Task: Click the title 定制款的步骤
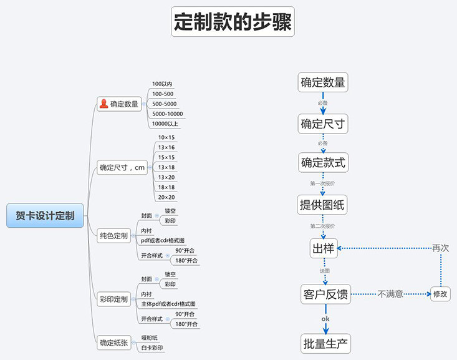point(233,22)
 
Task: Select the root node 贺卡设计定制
point(45,215)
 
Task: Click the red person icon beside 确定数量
point(103,104)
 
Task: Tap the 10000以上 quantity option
point(165,124)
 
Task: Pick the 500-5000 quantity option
point(164,104)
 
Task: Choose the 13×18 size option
point(166,167)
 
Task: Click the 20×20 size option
point(166,197)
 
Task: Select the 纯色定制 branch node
point(113,236)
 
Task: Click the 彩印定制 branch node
point(113,299)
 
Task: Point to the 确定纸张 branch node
point(113,342)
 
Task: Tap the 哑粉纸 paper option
point(150,338)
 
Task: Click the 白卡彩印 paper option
point(153,348)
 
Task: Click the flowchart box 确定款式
point(322,163)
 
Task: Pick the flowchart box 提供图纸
point(322,204)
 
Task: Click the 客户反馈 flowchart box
point(325,294)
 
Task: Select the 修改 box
point(440,294)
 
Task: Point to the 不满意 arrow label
point(390,293)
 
